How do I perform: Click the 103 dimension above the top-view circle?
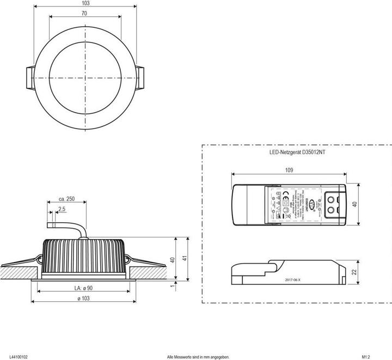click(x=85, y=3)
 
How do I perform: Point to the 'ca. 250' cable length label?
click(x=66, y=199)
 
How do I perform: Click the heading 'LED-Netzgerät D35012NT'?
click(x=297, y=154)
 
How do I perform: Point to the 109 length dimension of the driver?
click(x=289, y=171)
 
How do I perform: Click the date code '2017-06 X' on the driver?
click(x=296, y=279)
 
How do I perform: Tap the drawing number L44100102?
click(x=15, y=357)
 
